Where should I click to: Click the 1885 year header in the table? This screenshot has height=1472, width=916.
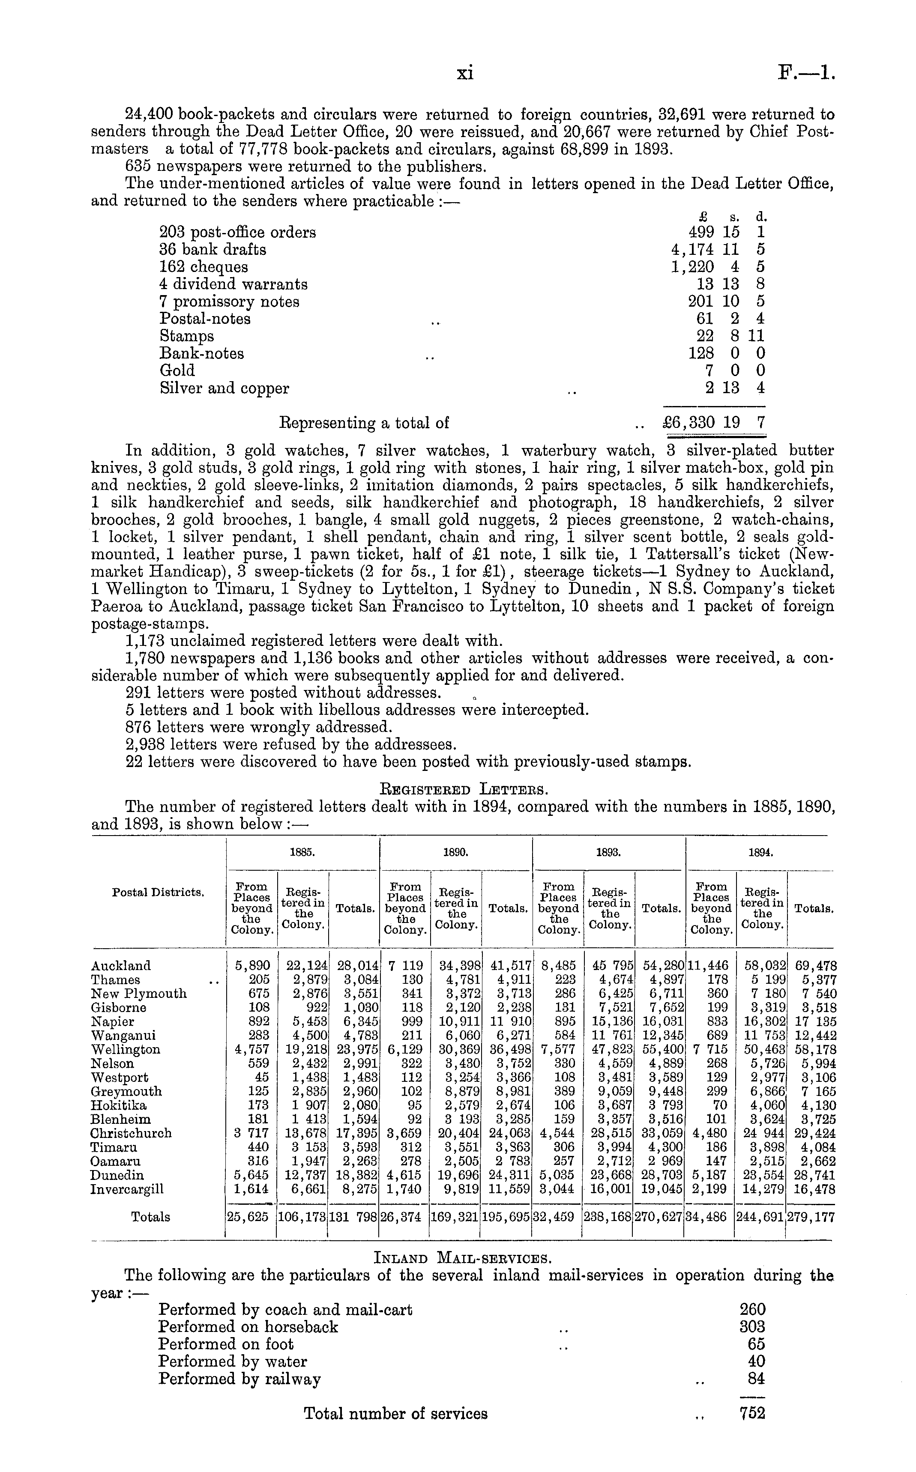point(302,851)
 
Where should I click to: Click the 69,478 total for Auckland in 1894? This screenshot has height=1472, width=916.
point(811,966)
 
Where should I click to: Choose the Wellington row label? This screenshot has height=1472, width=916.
point(126,1049)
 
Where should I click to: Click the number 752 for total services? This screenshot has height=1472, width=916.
point(752,1414)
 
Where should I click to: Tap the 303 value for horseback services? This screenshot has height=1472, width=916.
point(752,1327)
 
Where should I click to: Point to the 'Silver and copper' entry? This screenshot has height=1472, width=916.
point(224,388)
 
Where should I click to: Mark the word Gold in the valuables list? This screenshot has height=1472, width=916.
point(177,370)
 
